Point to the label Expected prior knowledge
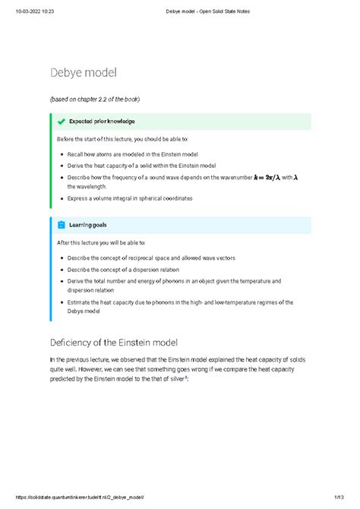[x=102, y=121]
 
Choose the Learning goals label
[x=88, y=225]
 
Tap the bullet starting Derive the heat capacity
[x=142, y=165]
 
